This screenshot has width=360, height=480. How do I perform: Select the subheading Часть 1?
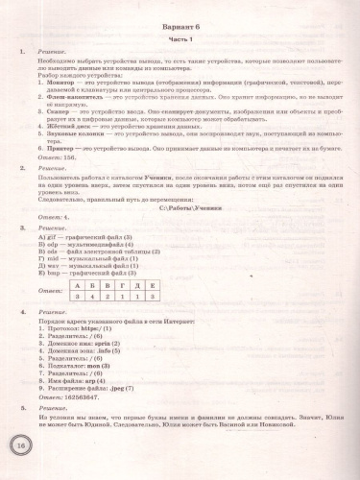point(188,49)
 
